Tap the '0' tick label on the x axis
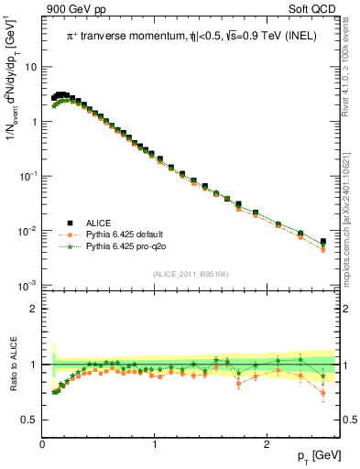click(42, 444)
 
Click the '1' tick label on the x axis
click(155, 444)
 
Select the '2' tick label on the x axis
click(267, 444)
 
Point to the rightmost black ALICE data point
click(322, 242)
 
